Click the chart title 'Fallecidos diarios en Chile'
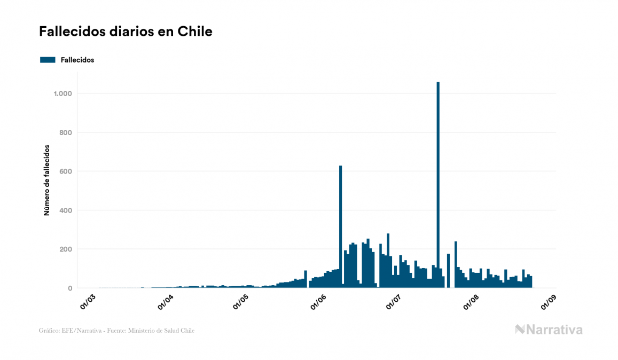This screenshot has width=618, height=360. click(x=126, y=32)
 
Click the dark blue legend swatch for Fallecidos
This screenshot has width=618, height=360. click(x=48, y=60)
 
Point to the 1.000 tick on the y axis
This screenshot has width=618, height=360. click(x=63, y=93)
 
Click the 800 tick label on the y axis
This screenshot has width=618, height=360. click(x=66, y=132)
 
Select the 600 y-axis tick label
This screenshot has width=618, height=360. click(x=66, y=171)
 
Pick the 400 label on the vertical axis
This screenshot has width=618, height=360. click(x=66, y=210)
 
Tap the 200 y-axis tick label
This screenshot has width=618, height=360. click(x=66, y=249)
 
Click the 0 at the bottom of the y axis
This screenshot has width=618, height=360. click(x=70, y=288)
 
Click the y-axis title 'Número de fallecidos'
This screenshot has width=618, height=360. click(x=46, y=180)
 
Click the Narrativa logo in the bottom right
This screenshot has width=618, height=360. click(x=549, y=330)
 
